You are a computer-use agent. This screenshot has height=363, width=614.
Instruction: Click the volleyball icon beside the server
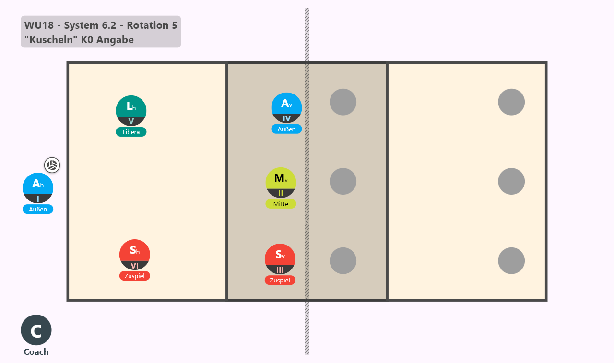click(52, 165)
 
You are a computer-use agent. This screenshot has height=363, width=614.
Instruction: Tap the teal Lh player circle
click(131, 111)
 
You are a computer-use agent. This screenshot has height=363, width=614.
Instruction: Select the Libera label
click(131, 132)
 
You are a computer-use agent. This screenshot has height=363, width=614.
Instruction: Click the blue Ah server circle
click(38, 188)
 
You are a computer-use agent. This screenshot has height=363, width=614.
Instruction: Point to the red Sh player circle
click(135, 255)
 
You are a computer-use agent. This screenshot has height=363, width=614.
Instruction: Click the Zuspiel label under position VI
click(135, 276)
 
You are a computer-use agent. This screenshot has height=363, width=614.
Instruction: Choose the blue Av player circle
click(286, 108)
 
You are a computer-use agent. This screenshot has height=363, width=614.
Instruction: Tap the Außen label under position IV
click(286, 129)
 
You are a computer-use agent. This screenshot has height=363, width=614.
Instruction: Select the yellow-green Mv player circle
click(281, 183)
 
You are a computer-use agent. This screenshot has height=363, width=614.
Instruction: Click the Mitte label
click(281, 204)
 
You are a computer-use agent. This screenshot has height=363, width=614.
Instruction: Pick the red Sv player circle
click(280, 259)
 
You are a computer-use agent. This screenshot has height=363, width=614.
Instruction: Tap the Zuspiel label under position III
click(280, 280)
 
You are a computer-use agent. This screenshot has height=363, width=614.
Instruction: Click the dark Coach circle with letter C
click(36, 330)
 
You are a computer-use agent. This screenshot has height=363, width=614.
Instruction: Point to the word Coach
click(36, 352)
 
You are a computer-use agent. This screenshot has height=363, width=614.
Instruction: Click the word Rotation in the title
click(147, 25)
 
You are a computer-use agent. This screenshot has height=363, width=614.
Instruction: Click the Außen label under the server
click(38, 209)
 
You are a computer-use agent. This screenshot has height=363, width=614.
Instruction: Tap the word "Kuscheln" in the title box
click(51, 40)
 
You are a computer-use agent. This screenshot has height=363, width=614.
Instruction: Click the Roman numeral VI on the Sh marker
click(135, 266)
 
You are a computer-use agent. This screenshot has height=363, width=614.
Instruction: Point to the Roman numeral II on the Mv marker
click(281, 193)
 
